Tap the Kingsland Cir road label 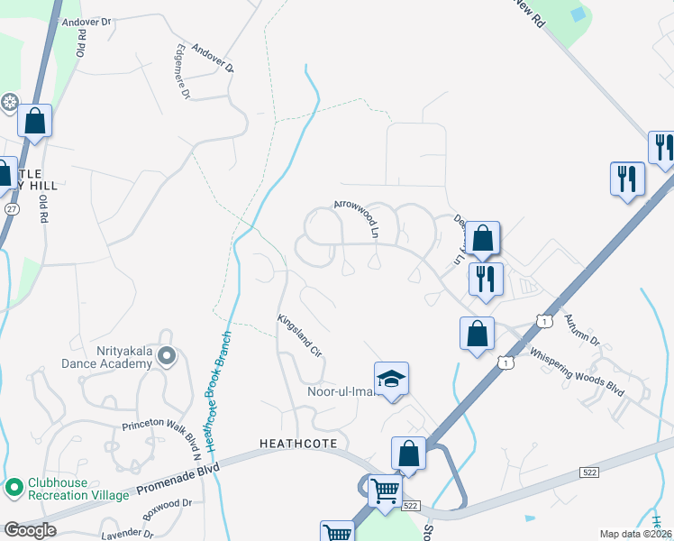[x=299, y=333]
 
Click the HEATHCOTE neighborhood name [x=297, y=444]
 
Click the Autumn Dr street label [x=581, y=330]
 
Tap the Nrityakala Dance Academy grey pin [x=165, y=356]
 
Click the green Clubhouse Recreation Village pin [x=14, y=488]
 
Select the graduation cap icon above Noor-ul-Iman [x=392, y=380]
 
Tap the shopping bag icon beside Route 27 [x=34, y=122]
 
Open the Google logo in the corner [x=30, y=529]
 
